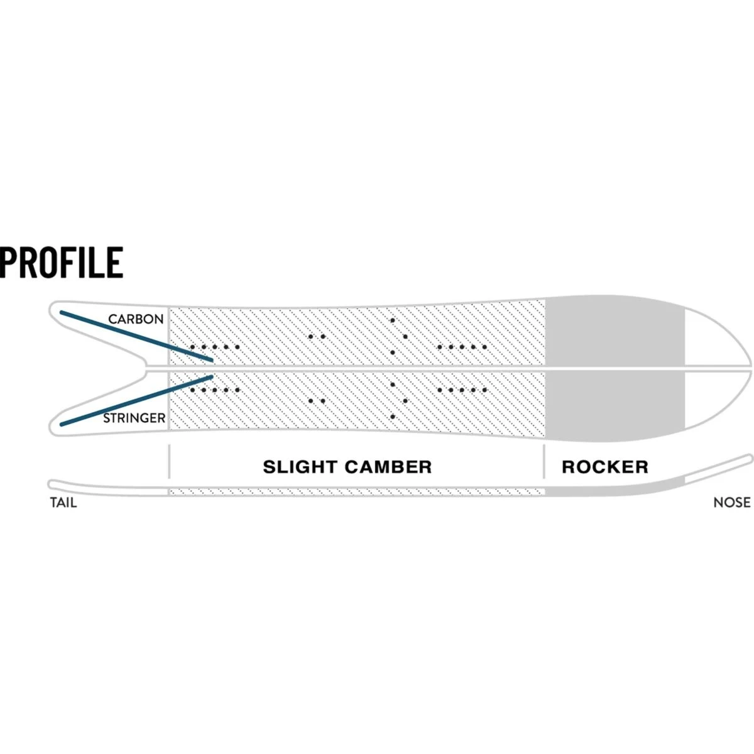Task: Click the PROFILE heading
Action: tap(62, 263)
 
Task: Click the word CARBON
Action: tap(136, 319)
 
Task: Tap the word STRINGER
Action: tap(134, 418)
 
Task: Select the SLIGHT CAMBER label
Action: tap(347, 467)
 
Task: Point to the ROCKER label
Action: tap(604, 467)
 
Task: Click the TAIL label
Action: tap(63, 503)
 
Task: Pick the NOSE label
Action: tap(731, 503)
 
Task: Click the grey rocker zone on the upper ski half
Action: tap(614, 332)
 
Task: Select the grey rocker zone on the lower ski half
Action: tap(614, 403)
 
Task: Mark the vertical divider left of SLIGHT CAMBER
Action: tap(169, 462)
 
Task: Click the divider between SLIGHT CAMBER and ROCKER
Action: tap(544, 462)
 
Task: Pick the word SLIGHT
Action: tap(299, 467)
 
